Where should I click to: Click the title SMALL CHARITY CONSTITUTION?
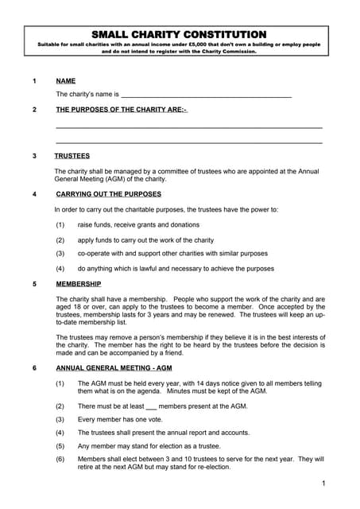pyautogui.click(x=179, y=34)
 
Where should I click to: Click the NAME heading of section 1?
pyautogui.click(x=65, y=81)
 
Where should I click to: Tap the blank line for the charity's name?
pyautogui.click(x=207, y=95)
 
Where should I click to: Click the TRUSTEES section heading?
pyautogui.click(x=73, y=156)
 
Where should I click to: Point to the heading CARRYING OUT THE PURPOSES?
pyautogui.click(x=108, y=194)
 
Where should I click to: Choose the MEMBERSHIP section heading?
pyautogui.click(x=79, y=284)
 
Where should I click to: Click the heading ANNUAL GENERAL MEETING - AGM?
pyautogui.click(x=113, y=369)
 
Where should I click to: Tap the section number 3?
pyautogui.click(x=34, y=156)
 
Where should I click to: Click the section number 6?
pyautogui.click(x=34, y=369)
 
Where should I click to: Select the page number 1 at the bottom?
pyautogui.click(x=324, y=484)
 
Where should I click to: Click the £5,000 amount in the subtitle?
pyautogui.click(x=222, y=45)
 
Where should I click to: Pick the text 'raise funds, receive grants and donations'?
pyautogui.click(x=138, y=225)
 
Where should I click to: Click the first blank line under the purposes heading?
pyautogui.click(x=189, y=127)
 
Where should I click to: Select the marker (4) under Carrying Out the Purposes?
pyautogui.click(x=60, y=269)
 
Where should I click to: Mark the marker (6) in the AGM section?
pyautogui.click(x=60, y=459)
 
